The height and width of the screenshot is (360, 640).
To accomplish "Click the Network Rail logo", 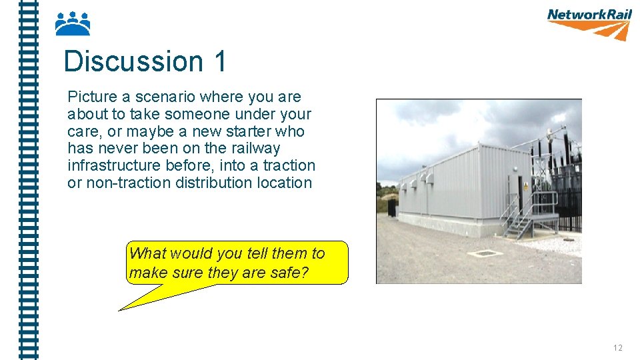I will pos(589,23).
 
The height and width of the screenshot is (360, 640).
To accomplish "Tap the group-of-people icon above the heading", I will pos(72,23).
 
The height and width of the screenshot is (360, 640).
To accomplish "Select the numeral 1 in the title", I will pos(220,61).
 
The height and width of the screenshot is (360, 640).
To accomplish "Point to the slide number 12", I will pos(617,347).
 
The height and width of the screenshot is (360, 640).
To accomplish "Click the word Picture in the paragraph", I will pos(91,97).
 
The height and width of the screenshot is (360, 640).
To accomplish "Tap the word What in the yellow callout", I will pos(147,253).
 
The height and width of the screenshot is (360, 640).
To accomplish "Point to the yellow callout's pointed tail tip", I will pos(120,310).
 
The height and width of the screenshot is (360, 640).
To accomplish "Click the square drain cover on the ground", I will pos(484,253).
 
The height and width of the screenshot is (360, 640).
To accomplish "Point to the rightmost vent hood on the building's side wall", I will pos(431,179).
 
